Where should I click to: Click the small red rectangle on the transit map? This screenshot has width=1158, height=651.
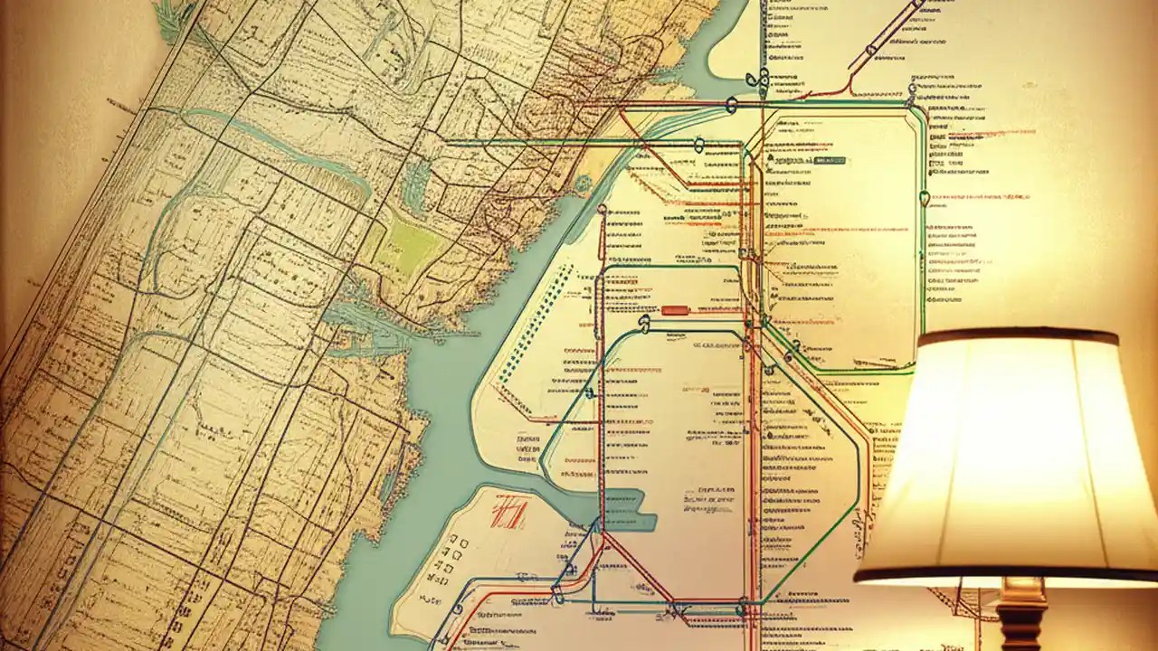tap(675, 310)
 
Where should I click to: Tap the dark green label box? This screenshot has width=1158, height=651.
tap(830, 160)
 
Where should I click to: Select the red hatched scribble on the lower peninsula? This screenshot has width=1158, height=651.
tap(509, 514)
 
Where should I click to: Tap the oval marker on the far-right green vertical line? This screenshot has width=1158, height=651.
tap(924, 197)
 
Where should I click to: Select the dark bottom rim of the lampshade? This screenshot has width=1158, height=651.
tap(1004, 573)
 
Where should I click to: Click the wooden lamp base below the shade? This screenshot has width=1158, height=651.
tap(1022, 619)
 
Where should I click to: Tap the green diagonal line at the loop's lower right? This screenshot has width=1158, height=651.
tap(814, 552)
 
